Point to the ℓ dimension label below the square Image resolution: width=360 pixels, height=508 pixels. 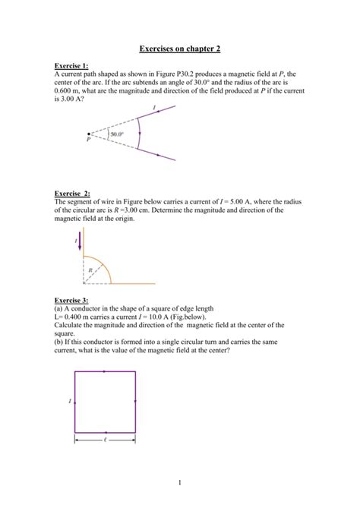tap(104, 440)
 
